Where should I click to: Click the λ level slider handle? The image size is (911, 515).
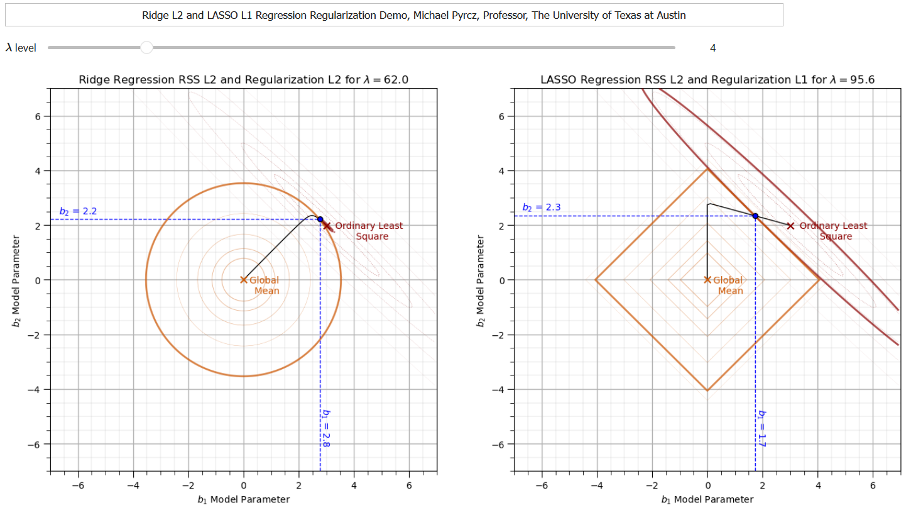[x=146, y=47]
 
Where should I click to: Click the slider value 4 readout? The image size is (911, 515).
[x=712, y=48]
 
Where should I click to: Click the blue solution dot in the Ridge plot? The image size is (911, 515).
[x=320, y=219]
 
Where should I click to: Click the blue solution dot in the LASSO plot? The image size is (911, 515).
[x=755, y=216]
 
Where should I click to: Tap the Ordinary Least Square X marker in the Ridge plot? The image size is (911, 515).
[x=327, y=225]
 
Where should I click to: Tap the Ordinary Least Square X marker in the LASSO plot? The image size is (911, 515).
[x=790, y=225]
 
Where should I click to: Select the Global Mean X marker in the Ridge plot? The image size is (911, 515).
[x=244, y=280]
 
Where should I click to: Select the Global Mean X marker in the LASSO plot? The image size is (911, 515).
[x=707, y=280]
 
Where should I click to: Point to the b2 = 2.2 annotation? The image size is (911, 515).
[x=78, y=211]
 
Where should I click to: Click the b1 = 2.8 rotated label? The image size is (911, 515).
[x=325, y=428]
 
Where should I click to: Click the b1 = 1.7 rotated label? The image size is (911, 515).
[x=761, y=428]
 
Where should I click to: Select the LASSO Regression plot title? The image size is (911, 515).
[x=707, y=80]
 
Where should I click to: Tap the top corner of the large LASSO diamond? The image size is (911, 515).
[x=707, y=168]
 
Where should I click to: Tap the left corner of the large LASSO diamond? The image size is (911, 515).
[x=596, y=280]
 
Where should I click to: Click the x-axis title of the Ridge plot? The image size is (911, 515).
[x=244, y=499]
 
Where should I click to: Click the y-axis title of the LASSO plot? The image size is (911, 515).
[x=481, y=280]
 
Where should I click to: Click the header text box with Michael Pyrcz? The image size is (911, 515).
[x=394, y=15]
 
